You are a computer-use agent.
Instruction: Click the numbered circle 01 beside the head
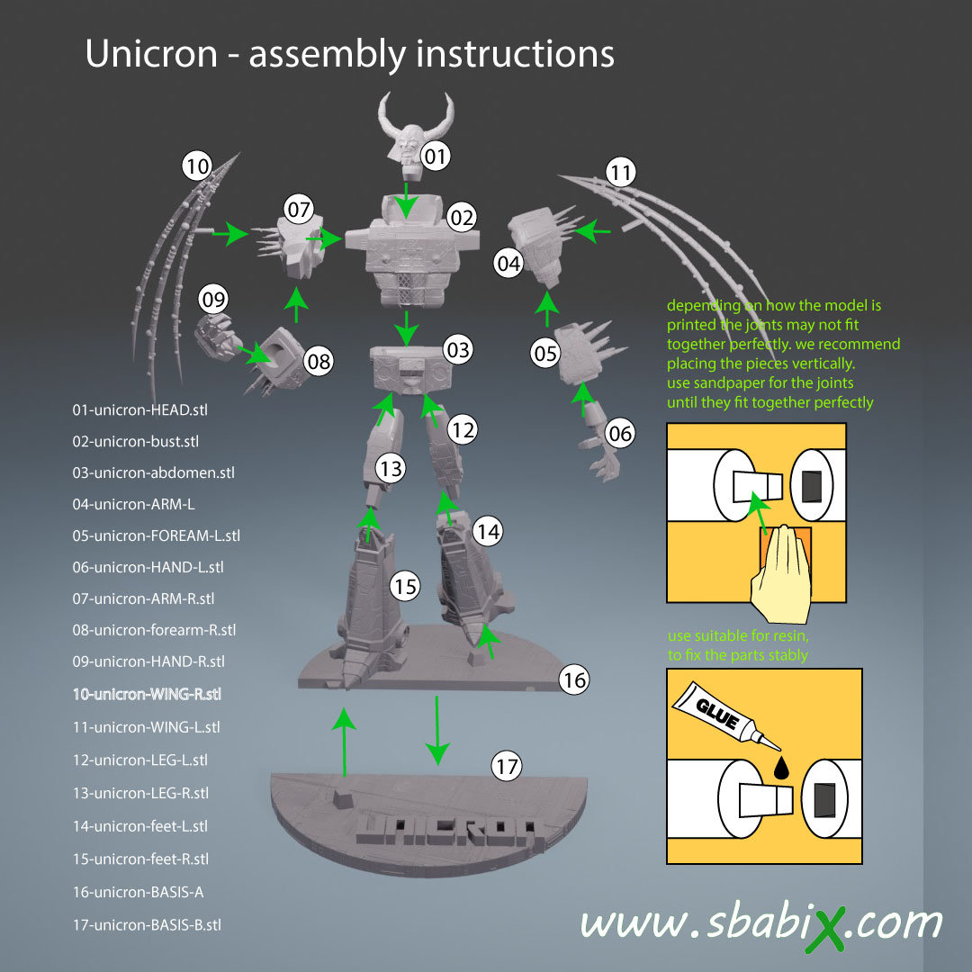436,157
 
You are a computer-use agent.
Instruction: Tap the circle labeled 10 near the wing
196,166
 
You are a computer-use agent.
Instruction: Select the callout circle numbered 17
507,767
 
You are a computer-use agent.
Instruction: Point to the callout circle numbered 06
621,434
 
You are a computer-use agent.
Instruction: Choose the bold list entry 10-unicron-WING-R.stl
147,695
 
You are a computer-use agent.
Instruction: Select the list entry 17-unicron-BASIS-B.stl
147,924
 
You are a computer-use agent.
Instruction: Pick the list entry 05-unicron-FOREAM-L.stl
156,535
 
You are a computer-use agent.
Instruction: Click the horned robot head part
406,135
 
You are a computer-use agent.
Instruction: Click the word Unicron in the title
150,54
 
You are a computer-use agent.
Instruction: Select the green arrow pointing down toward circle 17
437,729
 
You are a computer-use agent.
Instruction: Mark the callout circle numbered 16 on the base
573,680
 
